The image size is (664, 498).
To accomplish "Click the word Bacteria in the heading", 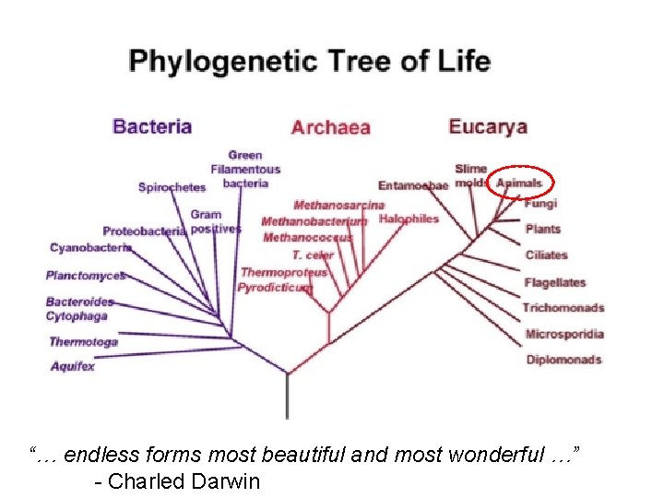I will click(152, 125).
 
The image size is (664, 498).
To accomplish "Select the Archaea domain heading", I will click(330, 127).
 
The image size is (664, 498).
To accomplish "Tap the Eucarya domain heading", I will click(488, 125).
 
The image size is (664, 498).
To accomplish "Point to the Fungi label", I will click(540, 204).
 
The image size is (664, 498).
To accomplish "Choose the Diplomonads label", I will click(563, 360).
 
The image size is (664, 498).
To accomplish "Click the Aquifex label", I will click(73, 366).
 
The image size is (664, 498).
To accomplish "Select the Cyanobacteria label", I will click(90, 248).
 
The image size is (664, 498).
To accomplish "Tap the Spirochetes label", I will click(172, 187).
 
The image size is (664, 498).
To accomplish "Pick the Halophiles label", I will click(409, 219).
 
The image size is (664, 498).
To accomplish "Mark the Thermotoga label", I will click(83, 342).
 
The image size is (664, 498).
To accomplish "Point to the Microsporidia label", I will click(564, 334).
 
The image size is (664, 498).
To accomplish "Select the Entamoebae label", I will click(412, 185).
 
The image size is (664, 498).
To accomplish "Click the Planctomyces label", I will click(85, 275).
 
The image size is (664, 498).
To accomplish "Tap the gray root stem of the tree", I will click(288, 397).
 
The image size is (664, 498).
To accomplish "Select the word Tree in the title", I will click(350, 62).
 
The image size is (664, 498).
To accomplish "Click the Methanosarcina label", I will click(338, 205).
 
